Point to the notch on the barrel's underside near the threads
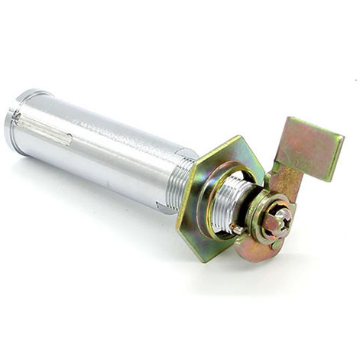[x=162, y=205]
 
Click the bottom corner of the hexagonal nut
[x=205, y=260]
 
